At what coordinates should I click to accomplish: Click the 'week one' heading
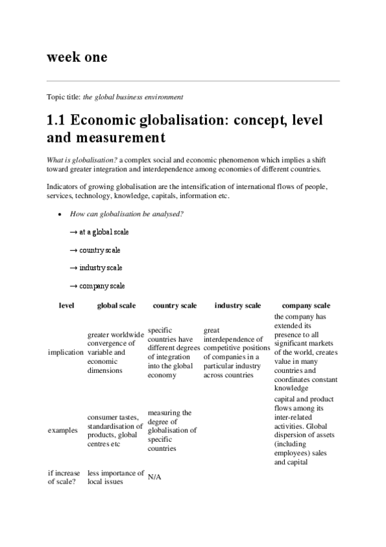click(x=77, y=57)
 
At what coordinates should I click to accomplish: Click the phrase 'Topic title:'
click(x=64, y=97)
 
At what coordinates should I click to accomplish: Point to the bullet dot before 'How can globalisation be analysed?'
click(x=59, y=214)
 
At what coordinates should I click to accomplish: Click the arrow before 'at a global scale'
click(x=73, y=232)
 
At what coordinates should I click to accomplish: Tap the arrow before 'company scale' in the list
click(x=73, y=286)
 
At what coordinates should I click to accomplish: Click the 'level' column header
click(x=66, y=305)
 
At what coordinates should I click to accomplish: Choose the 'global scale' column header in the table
click(x=116, y=305)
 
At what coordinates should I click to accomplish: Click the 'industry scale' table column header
click(x=238, y=305)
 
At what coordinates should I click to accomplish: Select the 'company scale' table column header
click(x=306, y=305)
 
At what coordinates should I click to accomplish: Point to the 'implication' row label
click(x=66, y=353)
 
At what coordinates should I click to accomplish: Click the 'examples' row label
click(x=63, y=429)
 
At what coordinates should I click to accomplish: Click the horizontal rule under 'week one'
click(x=193, y=81)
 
